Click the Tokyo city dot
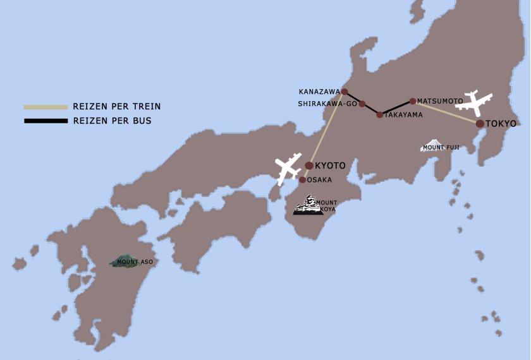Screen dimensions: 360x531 point(480,124)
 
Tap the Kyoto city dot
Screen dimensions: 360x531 point(309,165)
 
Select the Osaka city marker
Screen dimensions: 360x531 point(303,180)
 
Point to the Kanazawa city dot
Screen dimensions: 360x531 point(345,92)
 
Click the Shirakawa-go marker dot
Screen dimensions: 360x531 point(362,104)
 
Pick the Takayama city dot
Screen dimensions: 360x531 point(380,115)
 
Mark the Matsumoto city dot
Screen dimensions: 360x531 point(413,101)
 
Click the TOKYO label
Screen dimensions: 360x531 point(501,124)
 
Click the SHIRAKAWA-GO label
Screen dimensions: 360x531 point(327,104)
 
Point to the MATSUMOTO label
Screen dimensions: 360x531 point(440,101)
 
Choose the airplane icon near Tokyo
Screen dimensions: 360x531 point(474,102)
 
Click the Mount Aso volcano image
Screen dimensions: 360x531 point(125,260)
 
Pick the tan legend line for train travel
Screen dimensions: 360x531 point(46,107)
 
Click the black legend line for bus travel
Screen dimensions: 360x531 point(46,121)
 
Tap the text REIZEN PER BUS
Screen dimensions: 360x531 point(113,121)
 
